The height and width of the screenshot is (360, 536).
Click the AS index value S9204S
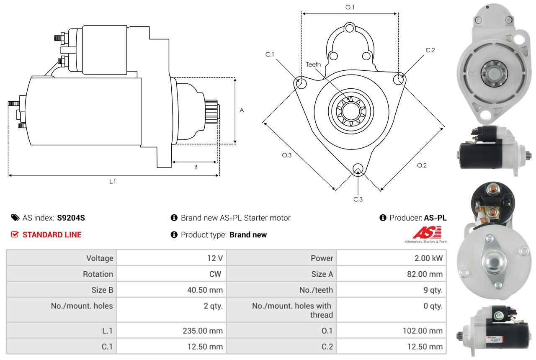click(71, 218)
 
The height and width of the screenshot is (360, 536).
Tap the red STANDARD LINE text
click(52, 235)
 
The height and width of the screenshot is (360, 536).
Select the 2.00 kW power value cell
click(428, 258)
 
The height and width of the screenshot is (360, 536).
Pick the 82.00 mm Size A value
click(425, 274)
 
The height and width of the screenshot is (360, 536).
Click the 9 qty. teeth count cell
click(433, 290)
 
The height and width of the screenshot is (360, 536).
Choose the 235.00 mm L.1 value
click(203, 331)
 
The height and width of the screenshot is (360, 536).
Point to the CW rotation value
click(215, 274)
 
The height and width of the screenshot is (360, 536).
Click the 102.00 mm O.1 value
click(423, 331)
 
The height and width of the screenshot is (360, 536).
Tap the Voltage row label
click(100, 258)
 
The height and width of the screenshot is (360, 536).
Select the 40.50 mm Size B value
click(205, 290)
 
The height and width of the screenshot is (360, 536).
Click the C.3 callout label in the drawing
click(358, 199)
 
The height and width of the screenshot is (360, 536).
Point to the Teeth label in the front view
click(314, 64)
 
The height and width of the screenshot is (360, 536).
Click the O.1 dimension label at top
click(350, 7)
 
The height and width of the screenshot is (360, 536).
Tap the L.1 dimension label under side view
click(113, 182)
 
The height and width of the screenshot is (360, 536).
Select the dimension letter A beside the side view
click(242, 110)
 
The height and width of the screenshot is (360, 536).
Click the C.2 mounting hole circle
click(398, 80)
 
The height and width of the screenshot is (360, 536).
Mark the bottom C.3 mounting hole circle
click(358, 169)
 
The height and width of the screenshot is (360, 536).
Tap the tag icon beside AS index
click(15, 218)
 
